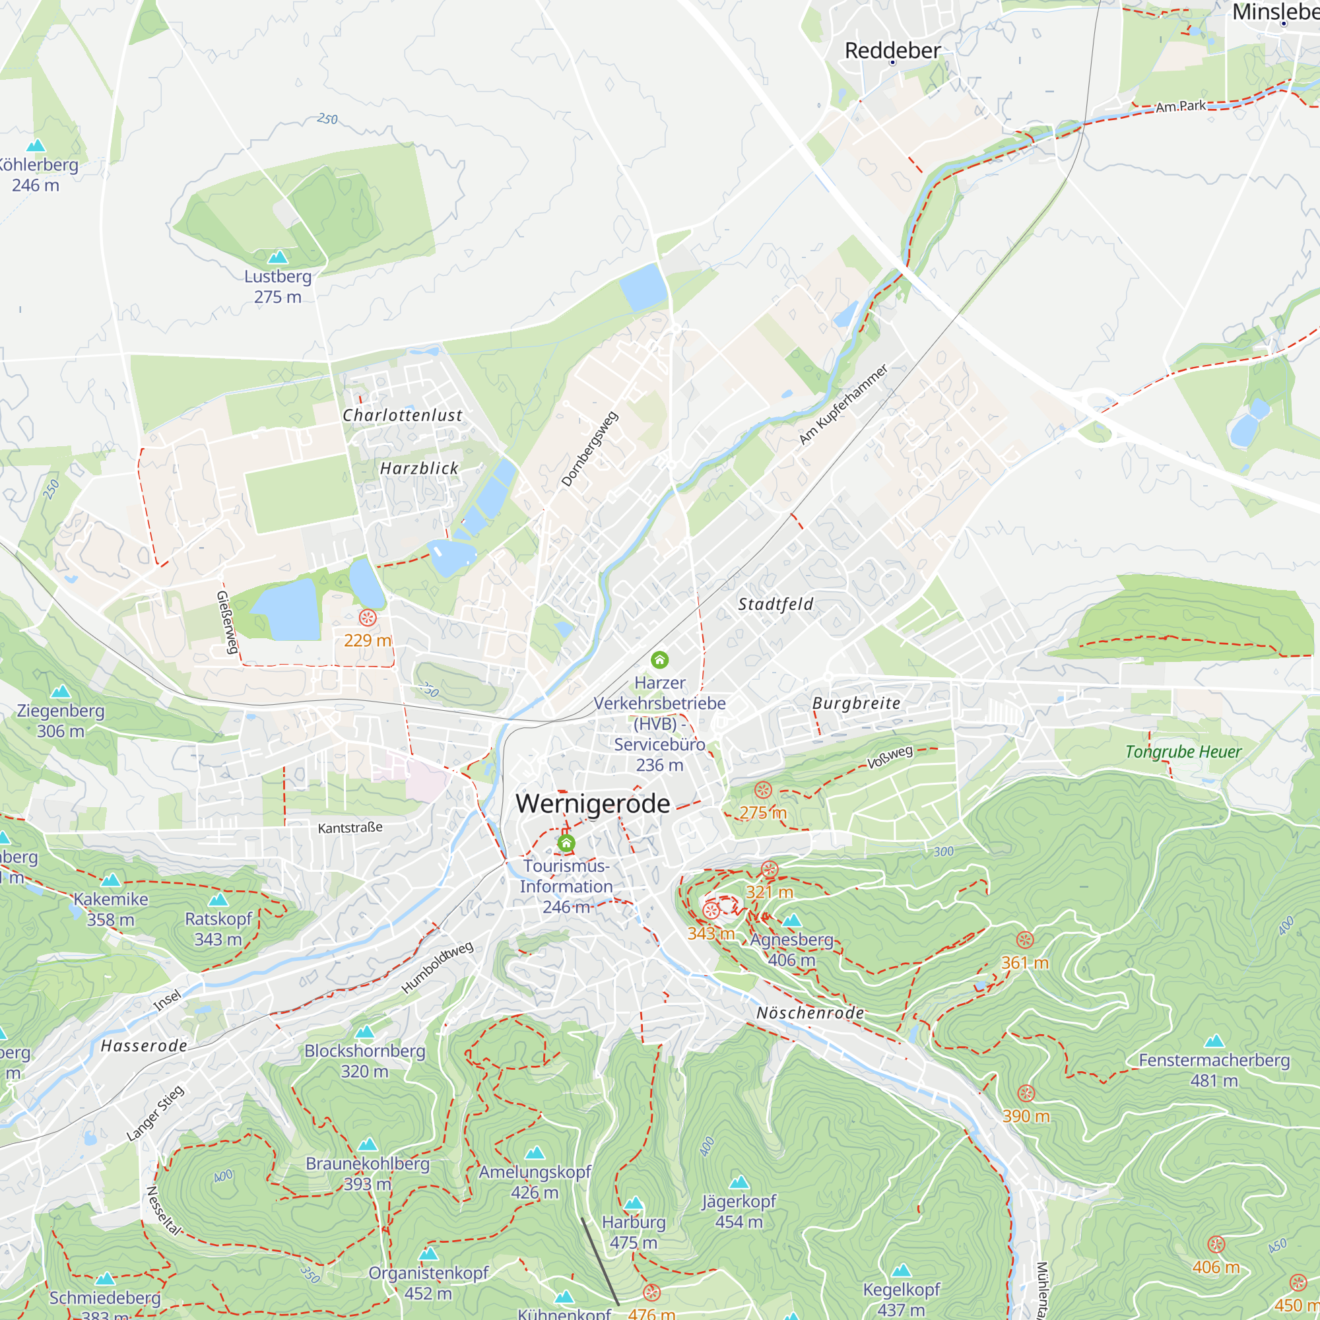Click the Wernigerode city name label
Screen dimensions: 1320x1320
(x=593, y=803)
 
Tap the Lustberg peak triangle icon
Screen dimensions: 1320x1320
(x=277, y=257)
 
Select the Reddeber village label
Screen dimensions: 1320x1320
(x=892, y=51)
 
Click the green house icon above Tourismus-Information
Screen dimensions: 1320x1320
(x=566, y=843)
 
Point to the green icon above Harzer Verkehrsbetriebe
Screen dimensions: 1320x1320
(x=659, y=659)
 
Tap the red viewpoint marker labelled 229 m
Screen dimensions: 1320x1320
(x=368, y=618)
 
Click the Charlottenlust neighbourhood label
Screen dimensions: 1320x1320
(x=403, y=415)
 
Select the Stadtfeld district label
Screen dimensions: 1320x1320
(x=775, y=604)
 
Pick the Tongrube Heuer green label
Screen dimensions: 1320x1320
(x=1183, y=752)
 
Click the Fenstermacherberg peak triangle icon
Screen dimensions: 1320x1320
(x=1214, y=1041)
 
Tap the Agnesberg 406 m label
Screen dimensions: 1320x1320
(x=792, y=950)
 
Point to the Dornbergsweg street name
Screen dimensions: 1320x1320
(x=589, y=449)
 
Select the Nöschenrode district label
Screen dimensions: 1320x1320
(x=810, y=1012)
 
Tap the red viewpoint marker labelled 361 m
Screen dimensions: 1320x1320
(x=1025, y=939)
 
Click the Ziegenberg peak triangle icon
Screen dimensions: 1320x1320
(x=61, y=692)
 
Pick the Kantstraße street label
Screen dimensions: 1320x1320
(x=350, y=828)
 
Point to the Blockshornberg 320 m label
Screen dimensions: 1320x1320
(x=365, y=1061)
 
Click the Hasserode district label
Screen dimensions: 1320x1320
(x=143, y=1046)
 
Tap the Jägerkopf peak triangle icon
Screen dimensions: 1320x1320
(x=739, y=1183)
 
